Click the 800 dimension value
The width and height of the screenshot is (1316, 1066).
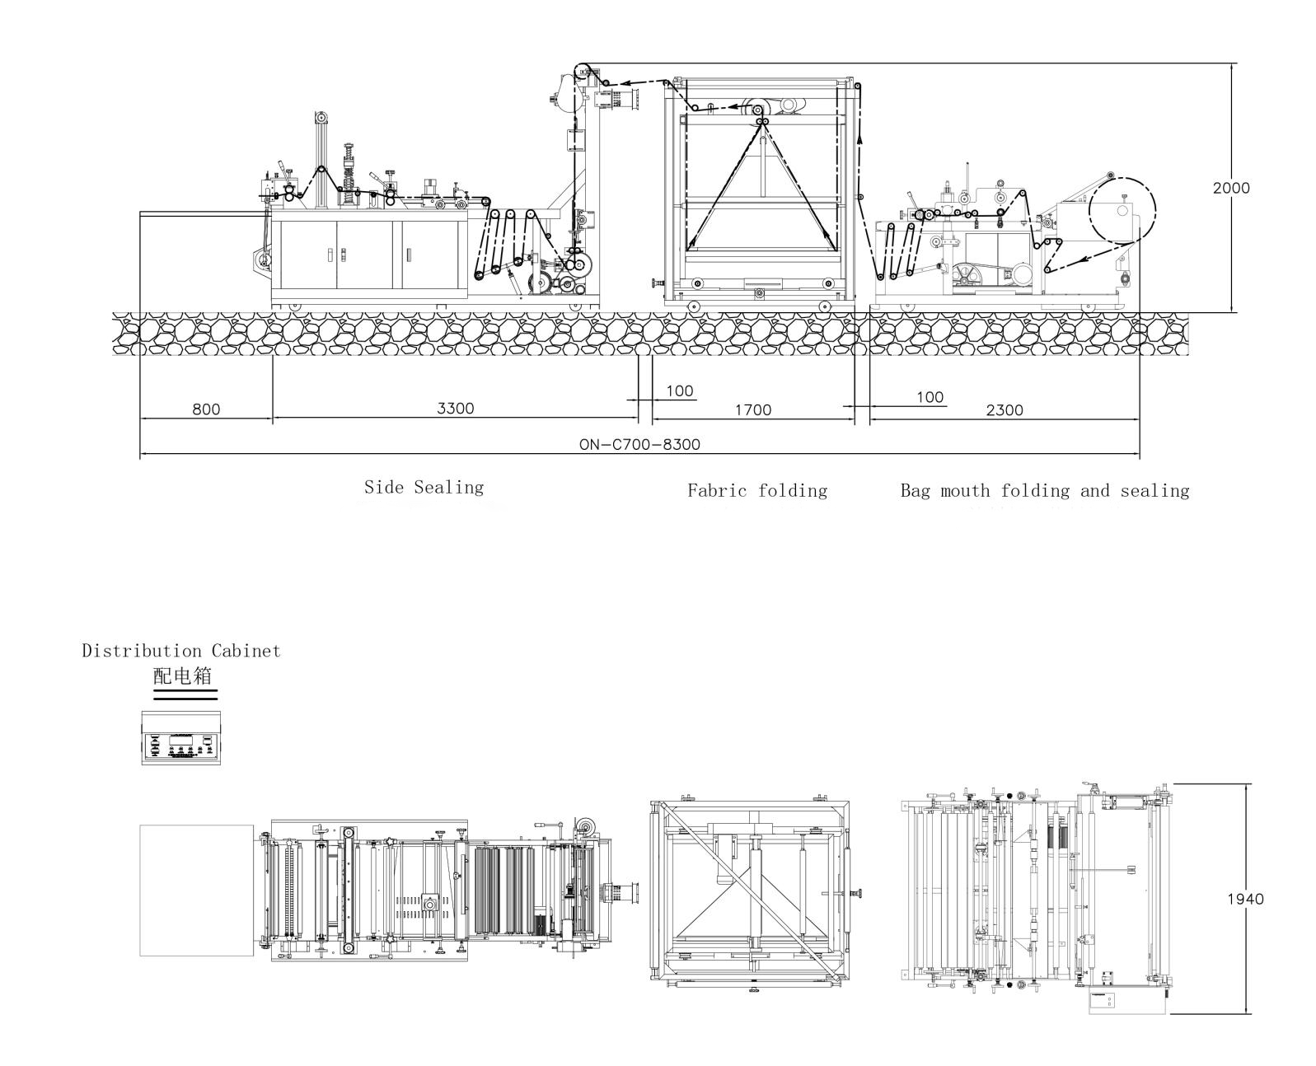click(206, 409)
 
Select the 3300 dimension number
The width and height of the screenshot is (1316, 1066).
click(456, 409)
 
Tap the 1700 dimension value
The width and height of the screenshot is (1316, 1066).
click(753, 410)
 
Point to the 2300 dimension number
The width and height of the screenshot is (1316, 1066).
click(1005, 410)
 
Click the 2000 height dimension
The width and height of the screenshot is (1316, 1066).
click(1231, 189)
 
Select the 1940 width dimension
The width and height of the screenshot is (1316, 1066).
click(1246, 900)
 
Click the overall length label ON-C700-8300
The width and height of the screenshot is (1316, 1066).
click(639, 445)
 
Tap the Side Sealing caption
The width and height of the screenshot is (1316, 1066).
click(424, 488)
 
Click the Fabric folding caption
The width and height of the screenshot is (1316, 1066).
click(757, 491)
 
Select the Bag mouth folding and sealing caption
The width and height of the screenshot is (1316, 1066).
click(1045, 491)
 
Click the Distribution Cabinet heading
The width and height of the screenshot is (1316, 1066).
click(181, 651)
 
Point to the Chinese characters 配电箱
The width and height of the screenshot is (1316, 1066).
click(182, 676)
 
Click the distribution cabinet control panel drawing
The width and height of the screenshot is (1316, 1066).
click(181, 737)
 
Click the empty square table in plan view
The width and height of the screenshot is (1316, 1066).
click(196, 891)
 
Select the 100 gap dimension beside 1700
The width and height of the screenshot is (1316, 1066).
click(680, 391)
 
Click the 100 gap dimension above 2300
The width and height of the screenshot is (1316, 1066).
click(930, 397)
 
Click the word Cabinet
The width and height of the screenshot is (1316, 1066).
click(246, 651)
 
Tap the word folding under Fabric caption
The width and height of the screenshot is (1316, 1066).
click(793, 491)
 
